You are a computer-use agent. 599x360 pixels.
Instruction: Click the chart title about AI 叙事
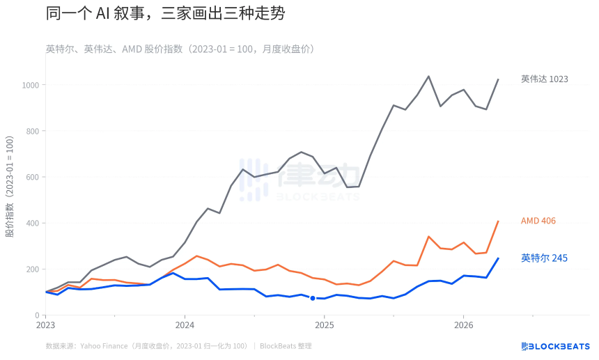(165, 13)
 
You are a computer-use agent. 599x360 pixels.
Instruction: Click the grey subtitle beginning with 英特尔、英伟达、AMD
(180, 49)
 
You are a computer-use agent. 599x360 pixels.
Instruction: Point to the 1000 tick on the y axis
(29, 85)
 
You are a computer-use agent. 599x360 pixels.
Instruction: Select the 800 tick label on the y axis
(31, 131)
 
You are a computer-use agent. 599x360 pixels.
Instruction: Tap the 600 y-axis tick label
(31, 177)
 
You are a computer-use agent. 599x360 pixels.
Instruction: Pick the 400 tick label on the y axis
(31, 223)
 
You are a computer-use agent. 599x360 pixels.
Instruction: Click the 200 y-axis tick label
(31, 269)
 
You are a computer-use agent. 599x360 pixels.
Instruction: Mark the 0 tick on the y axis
(37, 315)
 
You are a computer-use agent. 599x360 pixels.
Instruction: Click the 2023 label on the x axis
(45, 325)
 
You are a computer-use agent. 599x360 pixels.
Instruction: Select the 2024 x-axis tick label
(185, 325)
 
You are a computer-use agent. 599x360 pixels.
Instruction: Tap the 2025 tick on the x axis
(325, 325)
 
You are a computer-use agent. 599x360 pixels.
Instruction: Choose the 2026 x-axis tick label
(464, 325)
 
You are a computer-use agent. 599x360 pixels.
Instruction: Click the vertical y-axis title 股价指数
(10, 187)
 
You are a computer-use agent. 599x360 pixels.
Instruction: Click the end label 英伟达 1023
(545, 79)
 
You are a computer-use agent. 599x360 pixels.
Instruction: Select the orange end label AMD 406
(538, 221)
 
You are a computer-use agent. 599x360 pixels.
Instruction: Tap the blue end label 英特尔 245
(544, 258)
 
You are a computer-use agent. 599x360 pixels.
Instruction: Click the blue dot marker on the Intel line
(313, 298)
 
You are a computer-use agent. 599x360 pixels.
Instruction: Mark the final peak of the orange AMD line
(498, 221)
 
